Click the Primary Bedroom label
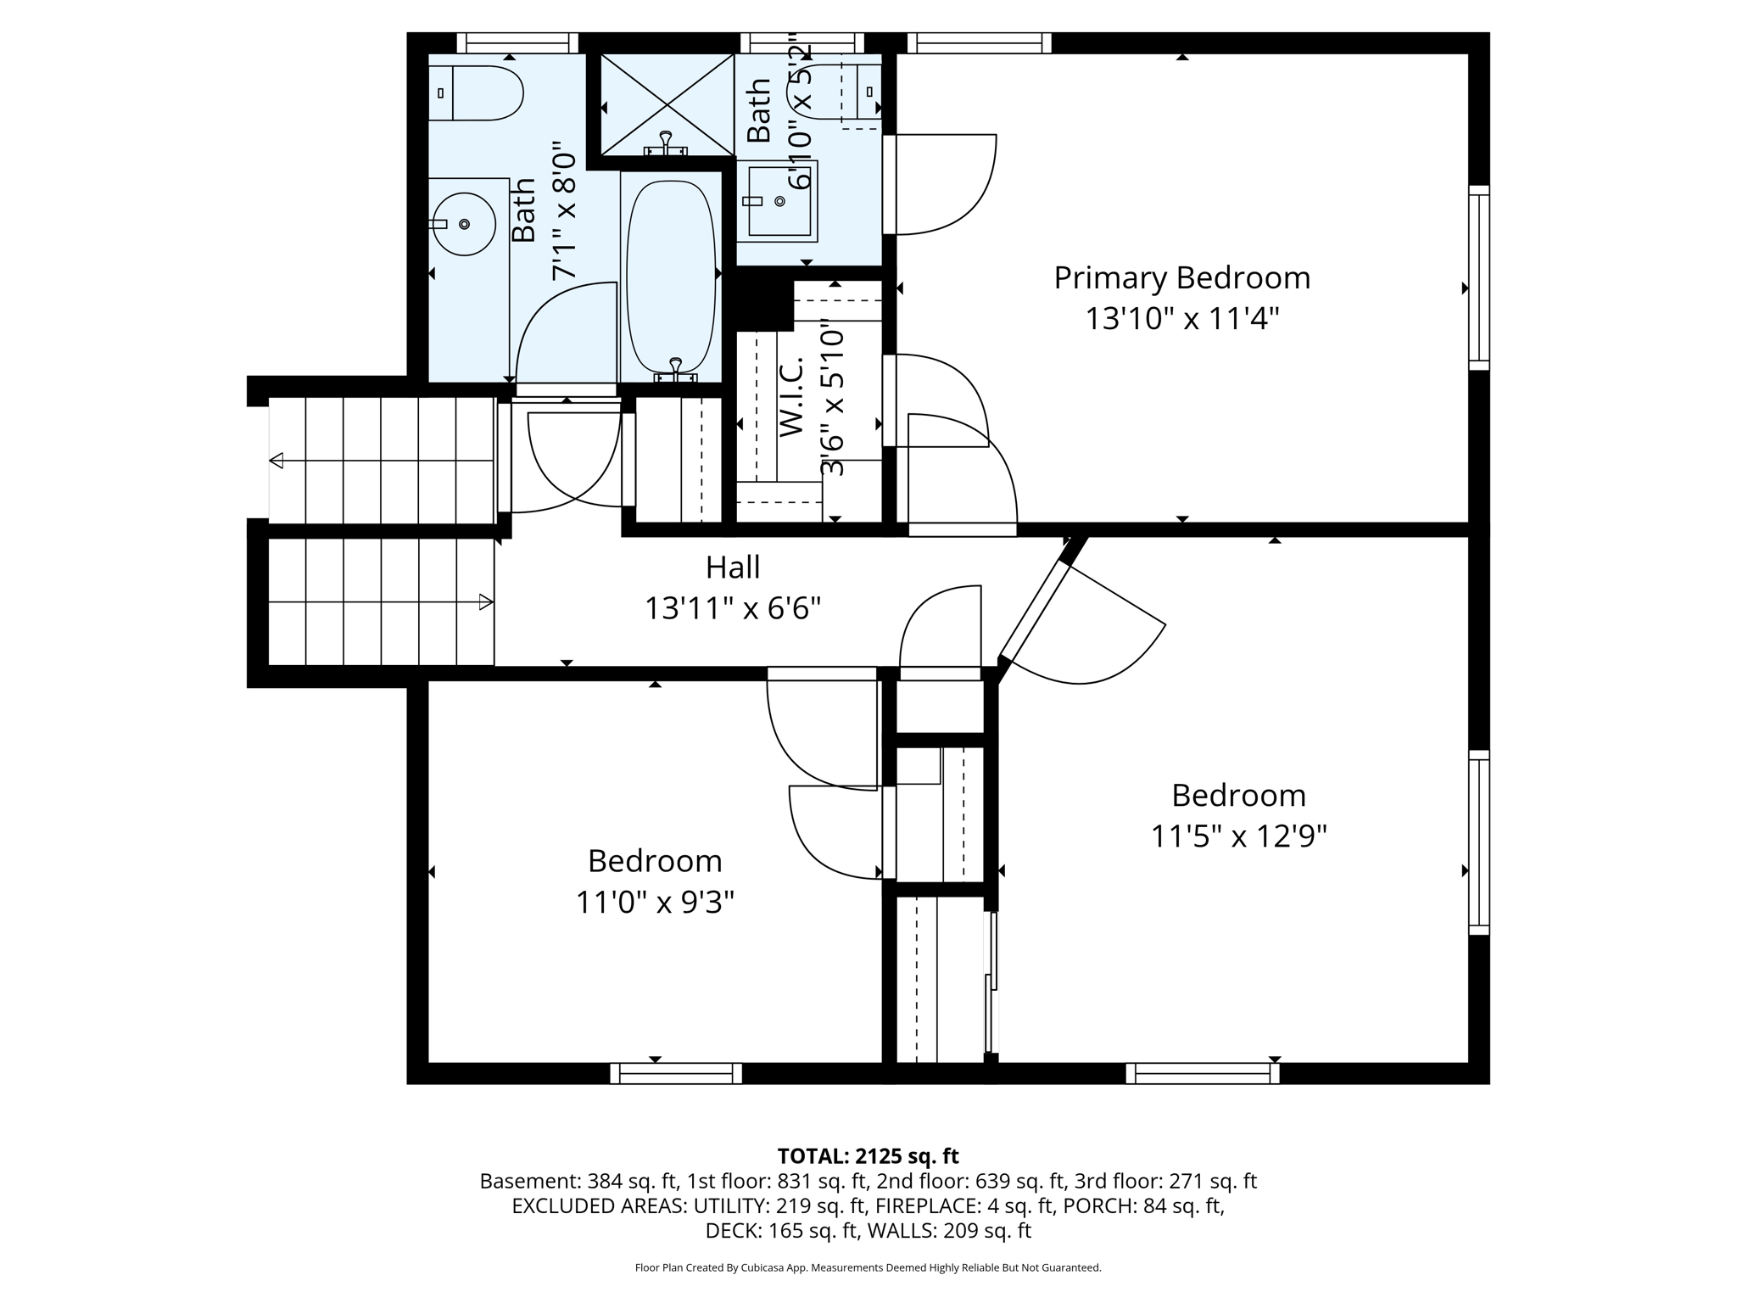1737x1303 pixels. coord(1181,278)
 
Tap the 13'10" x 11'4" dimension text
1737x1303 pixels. coord(1181,320)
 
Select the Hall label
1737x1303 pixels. coord(733,568)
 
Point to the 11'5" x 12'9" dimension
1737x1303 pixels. coord(1238,837)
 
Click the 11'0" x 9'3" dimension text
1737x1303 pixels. coord(655,903)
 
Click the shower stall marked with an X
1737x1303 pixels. coord(667,104)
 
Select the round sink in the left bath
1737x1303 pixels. coord(463,224)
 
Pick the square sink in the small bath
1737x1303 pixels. coord(779,202)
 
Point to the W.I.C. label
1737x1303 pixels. coord(790,397)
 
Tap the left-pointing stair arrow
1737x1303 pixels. coord(276,461)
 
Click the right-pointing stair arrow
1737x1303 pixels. coord(486,602)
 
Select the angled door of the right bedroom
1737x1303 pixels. coord(1035,602)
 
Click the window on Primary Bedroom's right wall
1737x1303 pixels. coord(1478,277)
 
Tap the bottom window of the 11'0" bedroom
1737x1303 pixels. coord(676,1074)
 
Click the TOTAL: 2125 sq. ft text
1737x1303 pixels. coord(868,1156)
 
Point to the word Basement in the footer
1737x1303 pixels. coord(517,1182)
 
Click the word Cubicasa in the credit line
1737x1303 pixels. coord(761,1268)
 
